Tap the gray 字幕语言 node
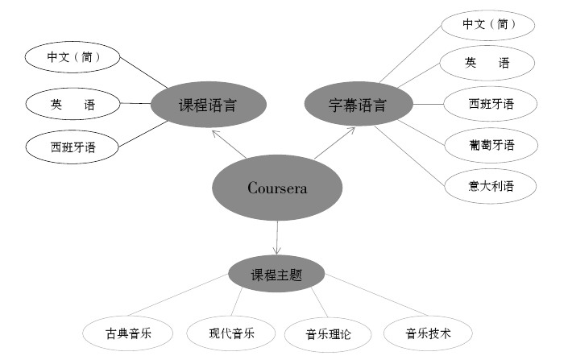(358, 104)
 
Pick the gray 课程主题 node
(276, 274)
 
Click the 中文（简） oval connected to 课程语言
(73, 58)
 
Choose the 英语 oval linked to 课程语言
(73, 103)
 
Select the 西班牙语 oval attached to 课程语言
(73, 147)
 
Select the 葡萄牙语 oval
(491, 145)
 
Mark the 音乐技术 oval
(427, 332)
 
